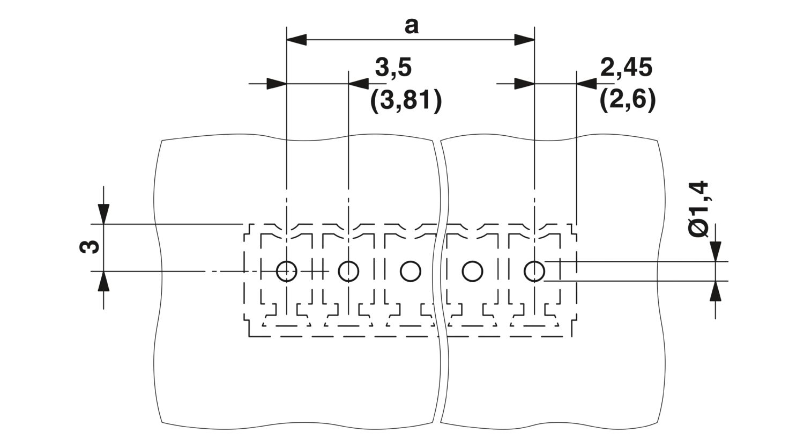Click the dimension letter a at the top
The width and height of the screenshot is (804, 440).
coord(411,27)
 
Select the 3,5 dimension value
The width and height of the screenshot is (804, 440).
coord(393,68)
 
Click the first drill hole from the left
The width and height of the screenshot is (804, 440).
coord(286,271)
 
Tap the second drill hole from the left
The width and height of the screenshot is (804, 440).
coord(348,271)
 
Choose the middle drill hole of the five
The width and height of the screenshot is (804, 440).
coord(411,271)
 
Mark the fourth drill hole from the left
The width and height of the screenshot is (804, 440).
coord(472,271)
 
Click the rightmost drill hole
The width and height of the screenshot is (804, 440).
coord(534,271)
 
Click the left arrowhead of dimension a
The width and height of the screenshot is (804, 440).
coord(296,40)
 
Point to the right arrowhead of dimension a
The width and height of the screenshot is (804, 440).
coord(524,40)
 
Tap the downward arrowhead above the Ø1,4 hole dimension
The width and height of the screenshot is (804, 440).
coord(716,252)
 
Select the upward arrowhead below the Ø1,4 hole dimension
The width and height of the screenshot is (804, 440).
coord(716,291)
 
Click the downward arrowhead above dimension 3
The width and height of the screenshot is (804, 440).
coord(104,214)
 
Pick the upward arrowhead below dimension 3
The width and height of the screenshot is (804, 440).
coord(104,281)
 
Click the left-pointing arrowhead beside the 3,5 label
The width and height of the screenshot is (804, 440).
coord(359,84)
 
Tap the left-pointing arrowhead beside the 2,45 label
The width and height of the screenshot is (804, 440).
coord(586,84)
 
